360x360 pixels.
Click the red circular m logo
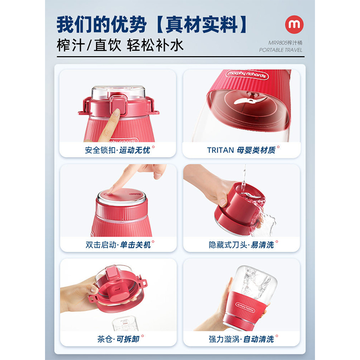(294, 24)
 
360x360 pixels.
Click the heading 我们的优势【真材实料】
(152, 24)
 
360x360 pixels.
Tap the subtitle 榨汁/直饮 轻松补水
(120, 45)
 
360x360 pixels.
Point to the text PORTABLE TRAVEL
(280, 50)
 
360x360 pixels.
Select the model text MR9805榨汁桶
(285, 43)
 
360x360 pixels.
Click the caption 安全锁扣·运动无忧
(117, 150)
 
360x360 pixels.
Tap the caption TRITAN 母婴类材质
(241, 150)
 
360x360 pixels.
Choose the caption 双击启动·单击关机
(118, 245)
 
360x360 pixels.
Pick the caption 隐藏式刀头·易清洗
(241, 245)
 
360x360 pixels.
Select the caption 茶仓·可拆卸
(118, 339)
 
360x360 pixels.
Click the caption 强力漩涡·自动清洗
(241, 339)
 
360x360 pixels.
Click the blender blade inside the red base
(245, 101)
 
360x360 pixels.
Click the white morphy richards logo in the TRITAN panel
(247, 74)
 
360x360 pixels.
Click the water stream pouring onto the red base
(244, 179)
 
